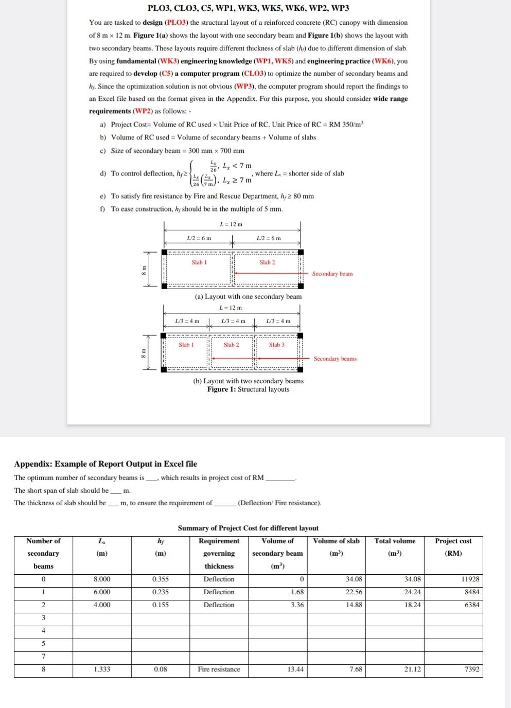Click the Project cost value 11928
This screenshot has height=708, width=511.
(x=470, y=579)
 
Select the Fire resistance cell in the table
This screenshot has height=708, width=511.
(x=219, y=669)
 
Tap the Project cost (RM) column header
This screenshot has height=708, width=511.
(x=453, y=547)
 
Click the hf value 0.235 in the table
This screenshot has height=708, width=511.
(x=161, y=592)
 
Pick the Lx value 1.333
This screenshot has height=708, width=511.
(x=102, y=669)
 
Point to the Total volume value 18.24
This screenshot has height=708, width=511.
(x=412, y=605)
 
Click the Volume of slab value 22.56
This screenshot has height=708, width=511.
(x=354, y=592)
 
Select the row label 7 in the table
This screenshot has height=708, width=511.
(x=43, y=656)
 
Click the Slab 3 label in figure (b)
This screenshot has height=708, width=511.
(x=276, y=345)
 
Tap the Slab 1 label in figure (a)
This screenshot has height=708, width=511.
(x=199, y=262)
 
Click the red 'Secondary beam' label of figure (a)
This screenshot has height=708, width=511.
(x=332, y=274)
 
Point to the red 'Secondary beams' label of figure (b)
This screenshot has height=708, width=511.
(x=335, y=359)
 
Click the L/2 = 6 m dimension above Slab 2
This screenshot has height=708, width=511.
(x=269, y=238)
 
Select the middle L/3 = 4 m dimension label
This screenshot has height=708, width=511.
(x=233, y=321)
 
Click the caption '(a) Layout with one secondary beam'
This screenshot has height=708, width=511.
(x=248, y=296)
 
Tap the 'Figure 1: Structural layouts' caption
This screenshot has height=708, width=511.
(x=248, y=389)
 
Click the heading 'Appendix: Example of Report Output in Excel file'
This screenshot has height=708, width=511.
(x=105, y=464)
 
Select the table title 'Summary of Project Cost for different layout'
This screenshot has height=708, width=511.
(x=248, y=528)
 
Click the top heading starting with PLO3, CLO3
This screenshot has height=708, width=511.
(x=248, y=8)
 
